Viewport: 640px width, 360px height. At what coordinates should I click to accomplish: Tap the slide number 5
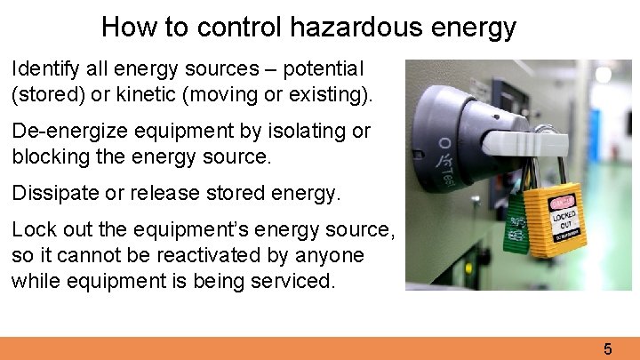608,348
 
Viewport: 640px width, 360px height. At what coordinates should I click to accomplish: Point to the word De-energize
71,132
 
